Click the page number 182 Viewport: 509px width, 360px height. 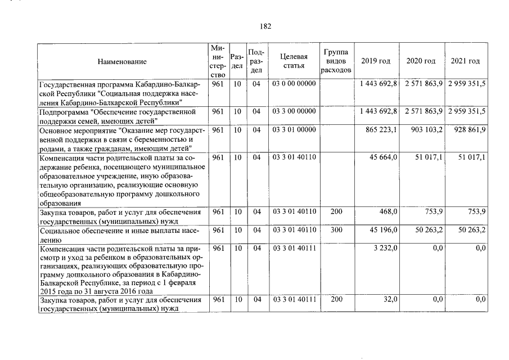[x=265, y=26]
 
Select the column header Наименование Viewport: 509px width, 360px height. [x=121, y=61]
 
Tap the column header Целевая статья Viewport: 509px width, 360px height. [x=294, y=61]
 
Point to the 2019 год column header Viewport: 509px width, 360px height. [x=376, y=61]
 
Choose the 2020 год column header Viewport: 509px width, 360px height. [x=421, y=61]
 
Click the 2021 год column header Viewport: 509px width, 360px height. [x=465, y=61]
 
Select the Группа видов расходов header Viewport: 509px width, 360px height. [x=336, y=61]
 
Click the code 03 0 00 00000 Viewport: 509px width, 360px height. [x=294, y=84]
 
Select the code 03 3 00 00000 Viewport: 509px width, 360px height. [x=294, y=111]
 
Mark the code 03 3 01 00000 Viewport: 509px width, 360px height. [x=294, y=130]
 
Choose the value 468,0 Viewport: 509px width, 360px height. [x=388, y=212]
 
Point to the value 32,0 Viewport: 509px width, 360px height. [x=390, y=300]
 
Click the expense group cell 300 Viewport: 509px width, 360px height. [x=336, y=230]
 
